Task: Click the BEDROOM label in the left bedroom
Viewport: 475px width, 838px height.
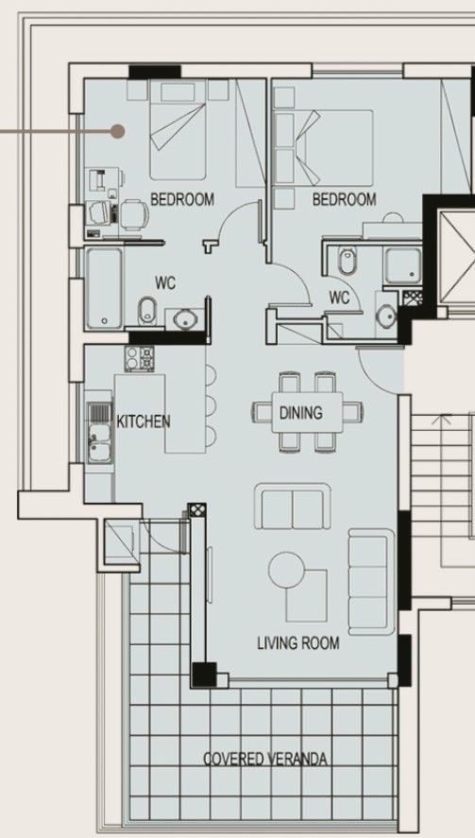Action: coord(182,199)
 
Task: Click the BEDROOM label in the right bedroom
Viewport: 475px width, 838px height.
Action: coord(344,199)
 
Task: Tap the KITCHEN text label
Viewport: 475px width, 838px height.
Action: coord(143,420)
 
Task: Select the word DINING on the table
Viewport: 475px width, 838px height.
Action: coord(300,413)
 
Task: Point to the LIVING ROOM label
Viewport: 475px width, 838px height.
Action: coord(297,643)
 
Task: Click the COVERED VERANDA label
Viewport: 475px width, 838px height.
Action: coord(265,760)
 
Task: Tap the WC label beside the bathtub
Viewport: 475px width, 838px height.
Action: coord(165,282)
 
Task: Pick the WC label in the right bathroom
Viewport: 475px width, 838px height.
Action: coord(339,298)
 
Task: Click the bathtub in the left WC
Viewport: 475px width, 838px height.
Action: coord(104,288)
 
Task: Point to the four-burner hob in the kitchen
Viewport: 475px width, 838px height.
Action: coord(140,358)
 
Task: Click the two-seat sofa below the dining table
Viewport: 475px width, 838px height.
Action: coord(292,506)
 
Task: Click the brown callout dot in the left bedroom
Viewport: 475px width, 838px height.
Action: coord(117,131)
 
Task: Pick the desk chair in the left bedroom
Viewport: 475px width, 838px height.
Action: coord(133,215)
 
